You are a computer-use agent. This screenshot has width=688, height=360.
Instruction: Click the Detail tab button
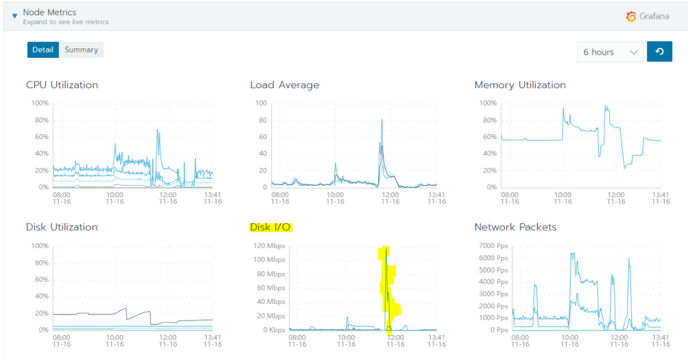pyautogui.click(x=43, y=50)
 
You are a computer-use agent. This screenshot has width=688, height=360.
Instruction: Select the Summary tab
pyautogui.click(x=81, y=50)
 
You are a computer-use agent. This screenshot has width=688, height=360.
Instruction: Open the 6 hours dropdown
pyautogui.click(x=610, y=52)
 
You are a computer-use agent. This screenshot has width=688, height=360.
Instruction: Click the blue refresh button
pyautogui.click(x=659, y=52)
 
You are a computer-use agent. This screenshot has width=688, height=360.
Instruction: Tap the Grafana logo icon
pyautogui.click(x=631, y=16)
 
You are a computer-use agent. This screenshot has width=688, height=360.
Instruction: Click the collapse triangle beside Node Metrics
pyautogui.click(x=15, y=16)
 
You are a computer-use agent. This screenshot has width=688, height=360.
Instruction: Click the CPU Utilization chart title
pyautogui.click(x=62, y=85)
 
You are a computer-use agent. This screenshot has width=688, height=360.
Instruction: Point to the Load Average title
pyautogui.click(x=284, y=85)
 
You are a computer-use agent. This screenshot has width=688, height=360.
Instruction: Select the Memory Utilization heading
pyautogui.click(x=519, y=85)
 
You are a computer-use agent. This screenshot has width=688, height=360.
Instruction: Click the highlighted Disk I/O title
pyautogui.click(x=271, y=227)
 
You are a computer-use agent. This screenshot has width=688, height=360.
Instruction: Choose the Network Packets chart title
pyautogui.click(x=515, y=227)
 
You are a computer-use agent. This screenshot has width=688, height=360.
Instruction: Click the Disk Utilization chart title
pyautogui.click(x=62, y=227)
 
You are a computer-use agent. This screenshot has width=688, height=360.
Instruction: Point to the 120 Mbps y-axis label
pyautogui.click(x=269, y=246)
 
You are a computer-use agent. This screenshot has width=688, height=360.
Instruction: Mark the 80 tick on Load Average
pyautogui.click(x=263, y=120)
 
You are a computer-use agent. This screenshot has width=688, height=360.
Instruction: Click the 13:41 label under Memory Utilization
pyautogui.click(x=661, y=194)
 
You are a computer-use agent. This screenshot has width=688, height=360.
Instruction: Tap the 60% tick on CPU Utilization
pyautogui.click(x=40, y=137)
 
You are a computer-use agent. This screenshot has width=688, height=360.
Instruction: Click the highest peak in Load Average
pyautogui.click(x=382, y=120)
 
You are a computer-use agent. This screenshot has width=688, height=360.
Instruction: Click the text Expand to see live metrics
pyautogui.click(x=65, y=22)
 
